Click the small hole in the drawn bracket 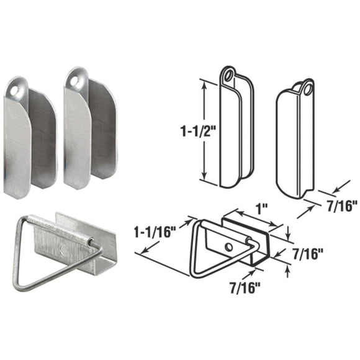[x=229, y=247]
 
